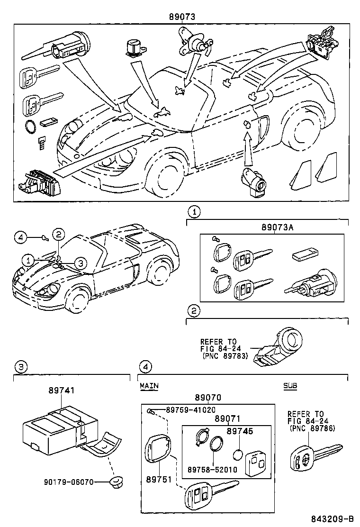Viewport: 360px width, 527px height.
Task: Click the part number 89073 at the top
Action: [x=182, y=17]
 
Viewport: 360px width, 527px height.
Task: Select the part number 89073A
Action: [x=277, y=227]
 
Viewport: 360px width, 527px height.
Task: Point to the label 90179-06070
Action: [x=67, y=482]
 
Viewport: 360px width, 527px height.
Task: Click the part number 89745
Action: [x=240, y=431]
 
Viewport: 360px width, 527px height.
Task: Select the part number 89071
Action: [x=228, y=419]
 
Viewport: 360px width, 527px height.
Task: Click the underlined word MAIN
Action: [x=149, y=386]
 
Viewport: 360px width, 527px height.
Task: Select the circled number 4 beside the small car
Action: [x=19, y=236]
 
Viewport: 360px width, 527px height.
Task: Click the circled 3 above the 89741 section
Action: [x=19, y=366]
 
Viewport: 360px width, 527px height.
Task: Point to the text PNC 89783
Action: [x=225, y=355]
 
